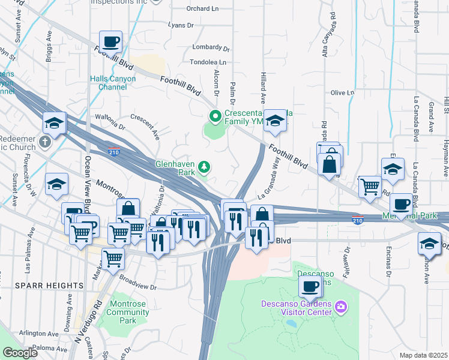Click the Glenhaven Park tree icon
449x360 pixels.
[x=205, y=166]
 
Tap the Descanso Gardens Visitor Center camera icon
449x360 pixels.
[x=342, y=307]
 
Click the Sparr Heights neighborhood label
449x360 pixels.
[x=50, y=285]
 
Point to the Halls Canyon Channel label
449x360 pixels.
[x=113, y=83]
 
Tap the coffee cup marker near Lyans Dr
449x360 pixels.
[x=110, y=43]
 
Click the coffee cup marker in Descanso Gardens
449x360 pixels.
[x=310, y=287]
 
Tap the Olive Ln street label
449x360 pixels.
[x=343, y=92]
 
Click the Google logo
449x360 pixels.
[x=20, y=353]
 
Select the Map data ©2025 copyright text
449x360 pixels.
[x=423, y=355]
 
